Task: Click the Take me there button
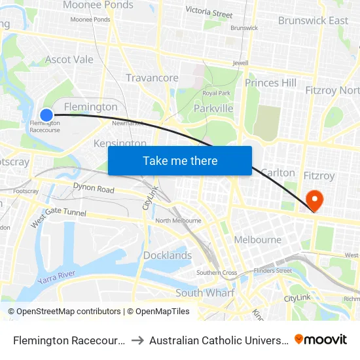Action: [x=180, y=161]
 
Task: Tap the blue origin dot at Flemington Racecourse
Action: [x=46, y=115]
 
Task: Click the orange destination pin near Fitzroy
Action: [x=314, y=200]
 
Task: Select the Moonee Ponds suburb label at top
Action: [x=98, y=5]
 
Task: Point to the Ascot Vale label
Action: [x=69, y=60]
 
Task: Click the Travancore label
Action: [x=152, y=78]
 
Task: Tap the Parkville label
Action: [x=213, y=108]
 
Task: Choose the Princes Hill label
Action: [x=270, y=83]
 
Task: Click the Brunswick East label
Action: [x=313, y=21]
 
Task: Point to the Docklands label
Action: [x=168, y=255]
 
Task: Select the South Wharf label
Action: [x=205, y=293]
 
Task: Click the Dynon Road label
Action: [x=94, y=189]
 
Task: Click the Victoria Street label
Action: [x=209, y=12]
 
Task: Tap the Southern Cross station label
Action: [x=217, y=273]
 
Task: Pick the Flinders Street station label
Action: [x=274, y=270]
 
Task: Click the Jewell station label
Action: [x=241, y=63]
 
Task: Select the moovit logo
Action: [x=321, y=339]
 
